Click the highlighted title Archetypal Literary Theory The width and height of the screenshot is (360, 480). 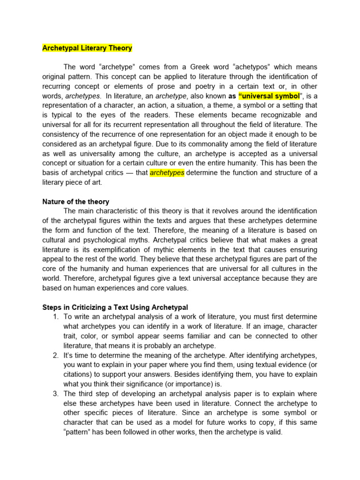click(87, 48)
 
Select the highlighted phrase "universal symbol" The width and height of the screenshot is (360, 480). click(269, 96)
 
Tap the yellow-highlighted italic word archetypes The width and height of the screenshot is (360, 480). click(167, 173)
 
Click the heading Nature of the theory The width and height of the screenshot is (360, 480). click(75, 202)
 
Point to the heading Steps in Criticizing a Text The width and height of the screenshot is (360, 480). click(115, 307)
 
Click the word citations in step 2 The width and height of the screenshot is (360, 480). click(77, 375)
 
